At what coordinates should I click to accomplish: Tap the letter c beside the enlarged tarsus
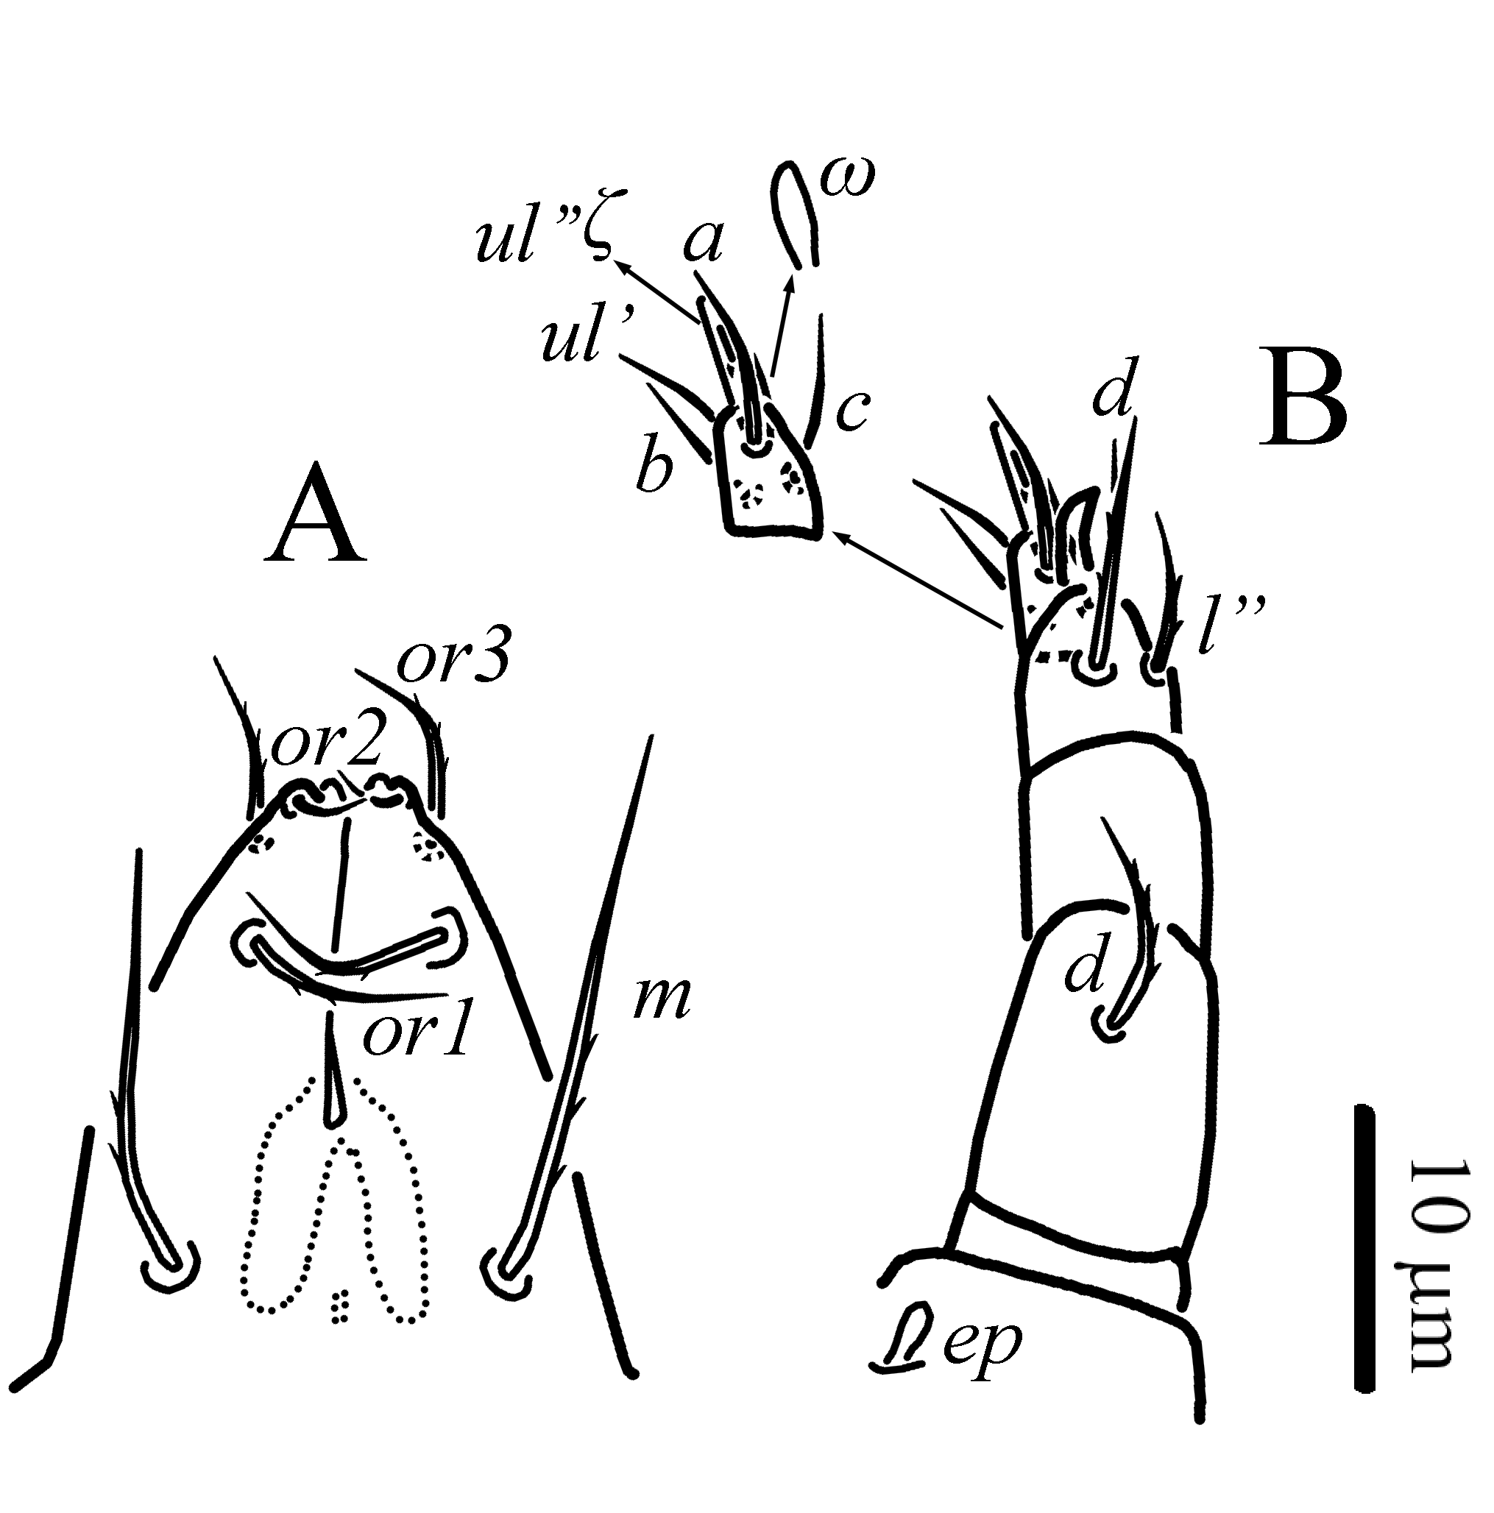[x=850, y=413]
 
